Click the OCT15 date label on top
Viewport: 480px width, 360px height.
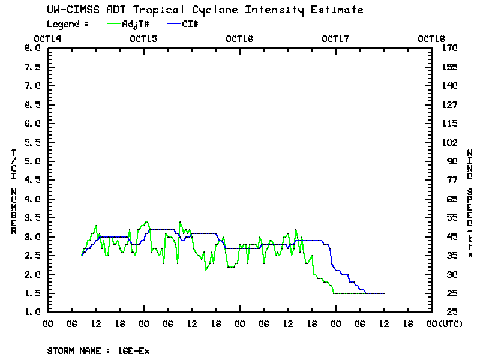click(x=143, y=39)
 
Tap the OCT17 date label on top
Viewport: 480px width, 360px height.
click(x=335, y=39)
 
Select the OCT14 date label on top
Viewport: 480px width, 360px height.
click(x=47, y=39)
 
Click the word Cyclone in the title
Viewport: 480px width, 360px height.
click(x=220, y=10)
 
